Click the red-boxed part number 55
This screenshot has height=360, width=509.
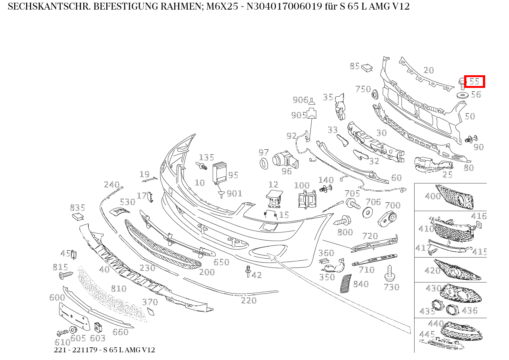(474, 81)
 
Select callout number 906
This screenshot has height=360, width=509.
(300, 100)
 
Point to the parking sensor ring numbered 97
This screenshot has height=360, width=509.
(264, 163)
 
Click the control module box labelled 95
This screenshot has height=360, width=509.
(220, 172)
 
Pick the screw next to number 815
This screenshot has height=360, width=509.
(66, 275)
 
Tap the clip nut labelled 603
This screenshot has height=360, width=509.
(98, 327)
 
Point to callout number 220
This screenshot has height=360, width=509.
(248, 300)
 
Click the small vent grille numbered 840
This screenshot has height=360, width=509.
(345, 283)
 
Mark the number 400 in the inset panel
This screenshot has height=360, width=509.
(433, 196)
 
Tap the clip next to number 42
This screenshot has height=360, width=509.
(248, 271)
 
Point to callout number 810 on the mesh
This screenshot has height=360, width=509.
(118, 288)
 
